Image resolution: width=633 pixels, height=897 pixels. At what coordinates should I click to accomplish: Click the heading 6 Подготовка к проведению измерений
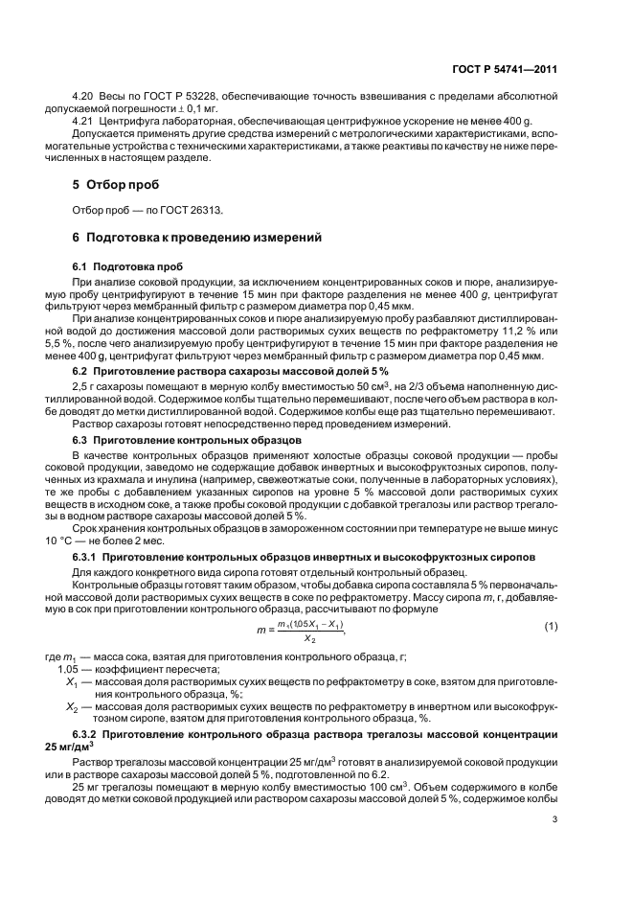pos(191,237)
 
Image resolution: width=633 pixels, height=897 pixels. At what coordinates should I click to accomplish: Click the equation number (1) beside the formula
pos(551,626)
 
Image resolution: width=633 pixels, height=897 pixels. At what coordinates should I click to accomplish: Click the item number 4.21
pos(83,123)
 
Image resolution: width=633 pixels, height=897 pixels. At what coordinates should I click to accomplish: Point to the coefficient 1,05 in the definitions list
pos(74,667)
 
